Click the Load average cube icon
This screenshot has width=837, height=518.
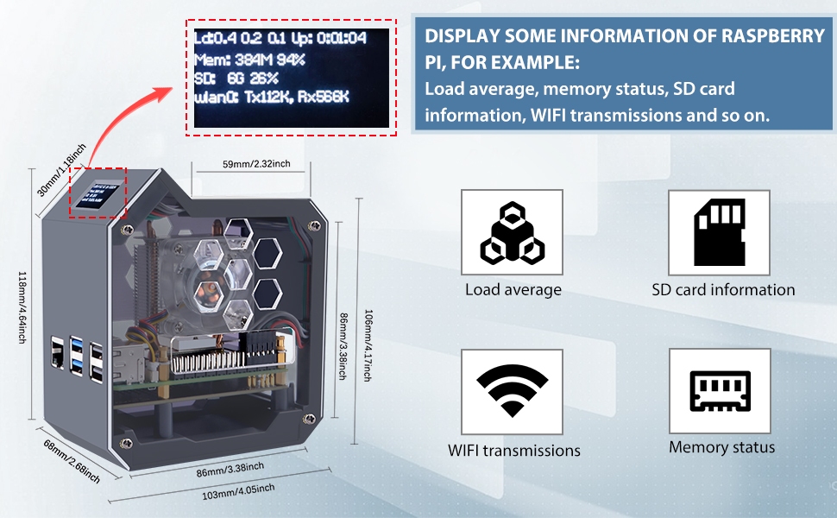coord(512,232)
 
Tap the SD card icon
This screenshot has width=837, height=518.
coord(720,232)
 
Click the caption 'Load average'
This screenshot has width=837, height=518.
coord(513,290)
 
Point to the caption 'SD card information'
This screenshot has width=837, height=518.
coord(723,290)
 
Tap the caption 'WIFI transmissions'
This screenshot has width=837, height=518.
coord(513,451)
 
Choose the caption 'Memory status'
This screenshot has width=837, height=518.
coord(721,447)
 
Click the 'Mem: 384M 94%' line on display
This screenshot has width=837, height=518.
coord(249,59)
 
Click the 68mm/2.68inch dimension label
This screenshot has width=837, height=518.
coord(71,461)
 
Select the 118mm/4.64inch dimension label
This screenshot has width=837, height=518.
coord(24,307)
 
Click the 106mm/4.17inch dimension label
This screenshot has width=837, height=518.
coord(368,344)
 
